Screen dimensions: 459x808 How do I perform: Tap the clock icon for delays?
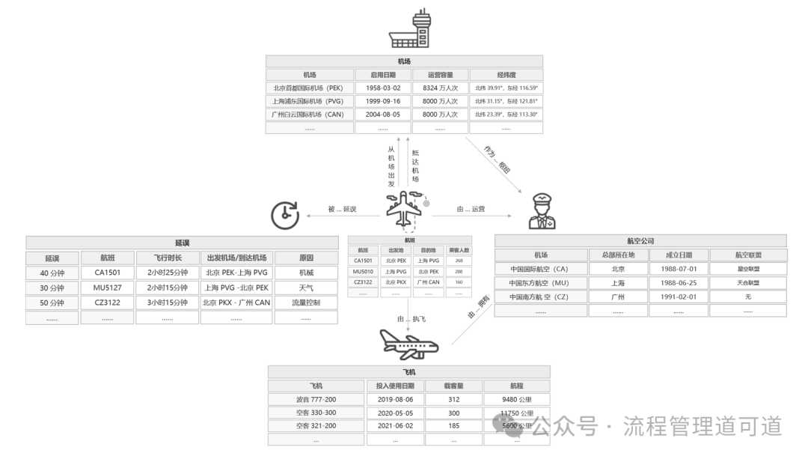(x=284, y=215)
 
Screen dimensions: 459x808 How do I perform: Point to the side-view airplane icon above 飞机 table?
(x=408, y=344)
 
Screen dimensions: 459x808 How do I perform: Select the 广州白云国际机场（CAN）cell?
(x=308, y=115)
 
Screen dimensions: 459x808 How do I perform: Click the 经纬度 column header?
(x=506, y=75)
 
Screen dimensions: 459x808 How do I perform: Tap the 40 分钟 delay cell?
(x=52, y=273)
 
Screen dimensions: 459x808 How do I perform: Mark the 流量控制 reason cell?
(x=305, y=303)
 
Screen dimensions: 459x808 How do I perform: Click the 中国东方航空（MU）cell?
(x=539, y=283)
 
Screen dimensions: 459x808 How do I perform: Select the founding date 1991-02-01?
(x=681, y=297)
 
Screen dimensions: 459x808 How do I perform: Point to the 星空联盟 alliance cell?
(x=748, y=269)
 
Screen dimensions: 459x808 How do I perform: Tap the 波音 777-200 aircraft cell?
(x=316, y=399)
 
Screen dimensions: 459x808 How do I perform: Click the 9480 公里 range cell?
(x=517, y=399)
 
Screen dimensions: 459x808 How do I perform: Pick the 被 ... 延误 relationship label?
(x=343, y=210)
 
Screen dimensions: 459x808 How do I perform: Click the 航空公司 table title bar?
(x=640, y=241)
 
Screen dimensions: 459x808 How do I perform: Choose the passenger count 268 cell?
(x=459, y=261)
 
